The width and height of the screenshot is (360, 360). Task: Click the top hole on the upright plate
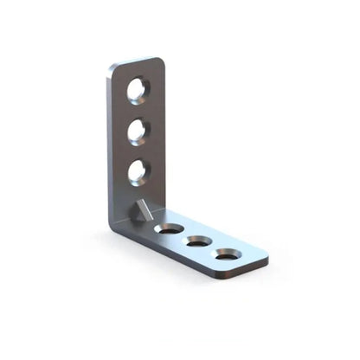tap(138, 89)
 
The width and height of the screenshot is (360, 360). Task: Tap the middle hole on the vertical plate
tap(138, 132)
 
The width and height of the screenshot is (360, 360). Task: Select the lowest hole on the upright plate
tap(138, 172)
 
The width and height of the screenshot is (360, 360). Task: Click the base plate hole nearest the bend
tap(170, 229)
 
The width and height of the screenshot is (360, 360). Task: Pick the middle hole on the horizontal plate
tap(199, 241)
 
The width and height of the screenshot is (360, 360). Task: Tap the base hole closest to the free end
tap(228, 254)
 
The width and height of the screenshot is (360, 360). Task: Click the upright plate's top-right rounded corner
tap(160, 61)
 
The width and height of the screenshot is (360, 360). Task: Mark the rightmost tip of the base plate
tap(267, 259)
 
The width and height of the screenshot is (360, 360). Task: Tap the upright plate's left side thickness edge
tap(110, 147)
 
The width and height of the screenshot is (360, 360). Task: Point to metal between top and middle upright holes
tap(138, 110)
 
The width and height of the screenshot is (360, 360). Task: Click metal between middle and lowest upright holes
tap(138, 152)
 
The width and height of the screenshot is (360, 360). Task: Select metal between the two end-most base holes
tap(214, 248)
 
